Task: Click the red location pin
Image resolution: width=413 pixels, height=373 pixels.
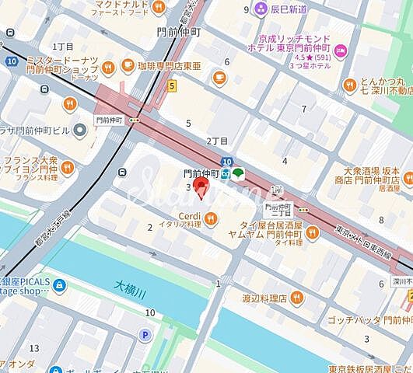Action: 201,187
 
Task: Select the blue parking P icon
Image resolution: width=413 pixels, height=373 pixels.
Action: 145,335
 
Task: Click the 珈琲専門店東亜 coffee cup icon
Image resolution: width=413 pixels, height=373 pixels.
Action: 219,77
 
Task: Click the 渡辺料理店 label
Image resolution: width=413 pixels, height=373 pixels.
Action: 264,297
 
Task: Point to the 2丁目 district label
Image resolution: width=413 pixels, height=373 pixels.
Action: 217,141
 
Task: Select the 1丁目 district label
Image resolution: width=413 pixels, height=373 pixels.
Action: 62,47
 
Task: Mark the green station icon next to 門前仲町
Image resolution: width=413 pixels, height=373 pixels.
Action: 236,173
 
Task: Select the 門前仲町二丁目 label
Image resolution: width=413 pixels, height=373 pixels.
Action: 278,210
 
